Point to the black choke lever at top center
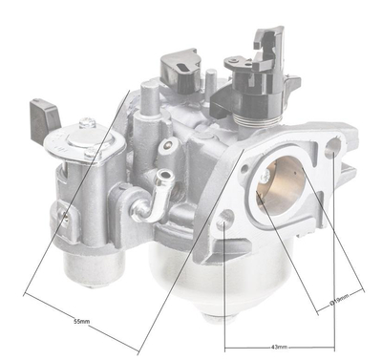click(180, 69)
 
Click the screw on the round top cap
click(88, 124)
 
